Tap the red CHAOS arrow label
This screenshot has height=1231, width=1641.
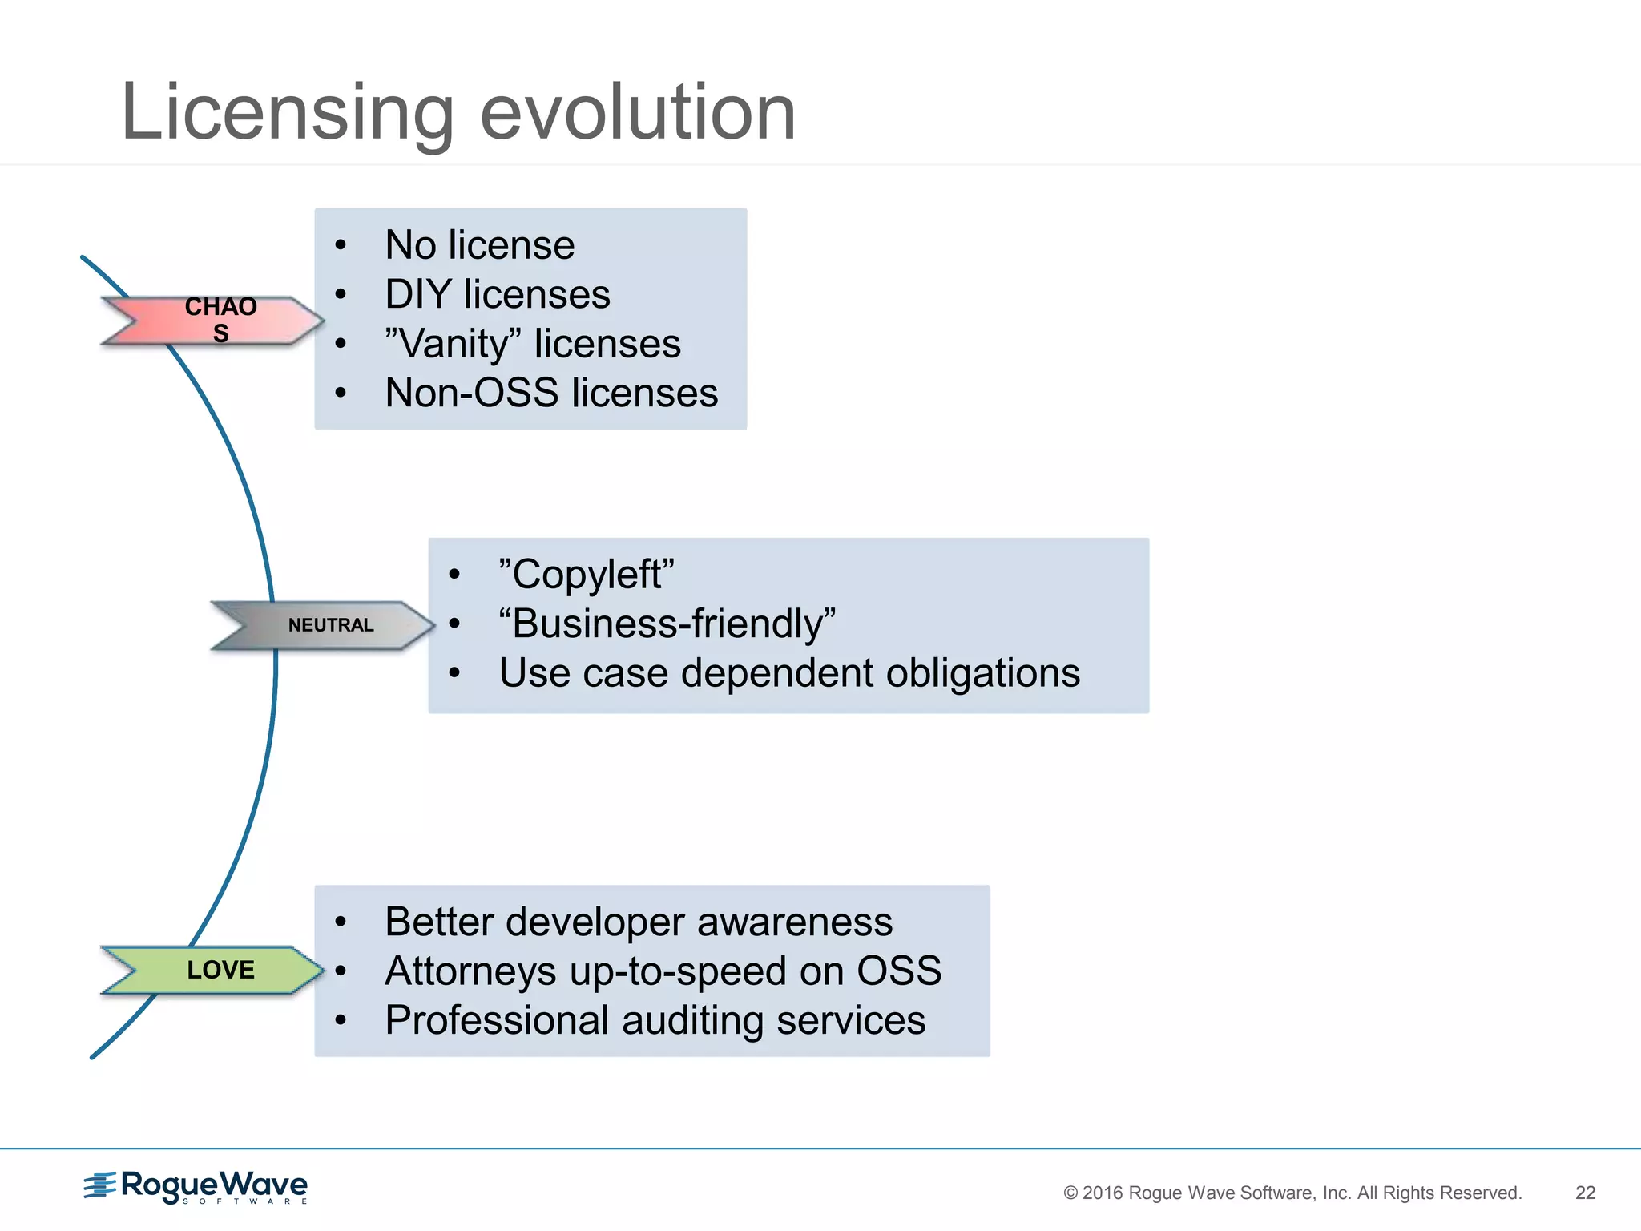(216, 321)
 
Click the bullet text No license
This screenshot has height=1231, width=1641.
(479, 245)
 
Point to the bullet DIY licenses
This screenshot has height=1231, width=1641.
(497, 294)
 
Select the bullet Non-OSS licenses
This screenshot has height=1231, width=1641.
(551, 394)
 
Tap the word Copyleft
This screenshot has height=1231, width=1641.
(587, 575)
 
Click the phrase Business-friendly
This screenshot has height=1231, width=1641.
(667, 624)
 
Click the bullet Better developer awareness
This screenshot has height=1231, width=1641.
(638, 922)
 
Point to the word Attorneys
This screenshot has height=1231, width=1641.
(470, 971)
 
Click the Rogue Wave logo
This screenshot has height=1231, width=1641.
(196, 1187)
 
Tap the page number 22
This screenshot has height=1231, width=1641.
(1585, 1193)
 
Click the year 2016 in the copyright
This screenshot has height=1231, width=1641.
(1102, 1193)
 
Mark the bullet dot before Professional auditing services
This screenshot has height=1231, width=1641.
(341, 1020)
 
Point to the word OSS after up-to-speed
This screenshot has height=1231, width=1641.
(899, 971)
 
